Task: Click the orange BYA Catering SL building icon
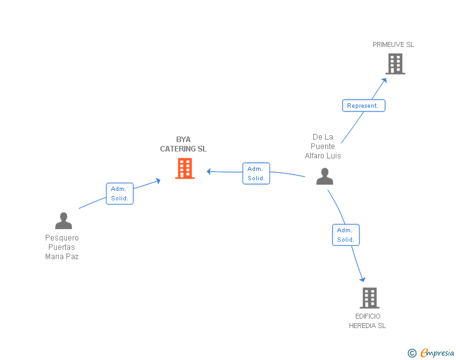[x=185, y=168]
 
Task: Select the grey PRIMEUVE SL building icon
[x=395, y=64]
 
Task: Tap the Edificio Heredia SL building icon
[x=370, y=298]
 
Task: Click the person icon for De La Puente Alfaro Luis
[x=324, y=177]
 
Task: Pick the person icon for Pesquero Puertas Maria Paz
[x=63, y=220]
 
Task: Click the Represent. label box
[x=363, y=106]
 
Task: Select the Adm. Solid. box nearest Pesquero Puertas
[x=120, y=193]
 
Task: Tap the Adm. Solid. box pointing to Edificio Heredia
[x=345, y=235]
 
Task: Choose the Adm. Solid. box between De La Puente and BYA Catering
[x=256, y=173]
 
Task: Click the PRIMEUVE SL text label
[x=393, y=44]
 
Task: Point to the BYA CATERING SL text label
[x=183, y=145]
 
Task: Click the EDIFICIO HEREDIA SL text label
[x=367, y=321]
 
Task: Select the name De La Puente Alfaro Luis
[x=323, y=147]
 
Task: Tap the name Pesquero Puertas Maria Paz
[x=62, y=247]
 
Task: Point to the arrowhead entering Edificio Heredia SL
[x=362, y=279]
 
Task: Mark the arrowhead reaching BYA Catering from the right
[x=209, y=171]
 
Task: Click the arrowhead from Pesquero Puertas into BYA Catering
[x=158, y=180]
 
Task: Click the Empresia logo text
[x=437, y=352]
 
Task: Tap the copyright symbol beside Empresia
[x=412, y=353]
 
